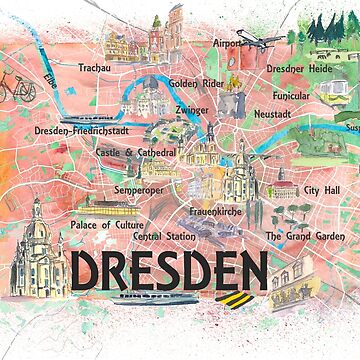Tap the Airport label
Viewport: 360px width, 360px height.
[229, 44]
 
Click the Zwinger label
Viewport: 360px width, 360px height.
[192, 110]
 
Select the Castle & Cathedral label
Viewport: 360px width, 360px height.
[136, 153]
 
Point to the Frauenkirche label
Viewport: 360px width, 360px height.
[216, 212]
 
